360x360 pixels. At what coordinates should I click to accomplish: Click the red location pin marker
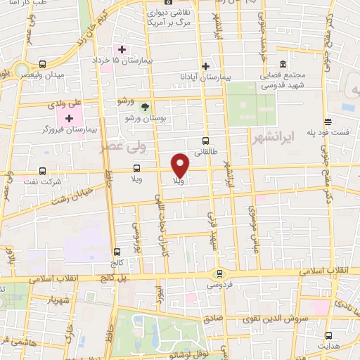[181, 165]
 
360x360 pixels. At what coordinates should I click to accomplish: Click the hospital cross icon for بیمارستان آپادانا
[205, 67]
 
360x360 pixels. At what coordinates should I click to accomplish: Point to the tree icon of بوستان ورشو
[146, 107]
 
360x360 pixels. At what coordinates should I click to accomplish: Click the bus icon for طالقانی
[205, 141]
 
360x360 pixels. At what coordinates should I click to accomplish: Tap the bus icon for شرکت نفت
[43, 170]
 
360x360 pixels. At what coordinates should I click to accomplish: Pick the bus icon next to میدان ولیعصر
[43, 63]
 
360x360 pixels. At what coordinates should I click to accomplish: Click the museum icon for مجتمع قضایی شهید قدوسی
[282, 63]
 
